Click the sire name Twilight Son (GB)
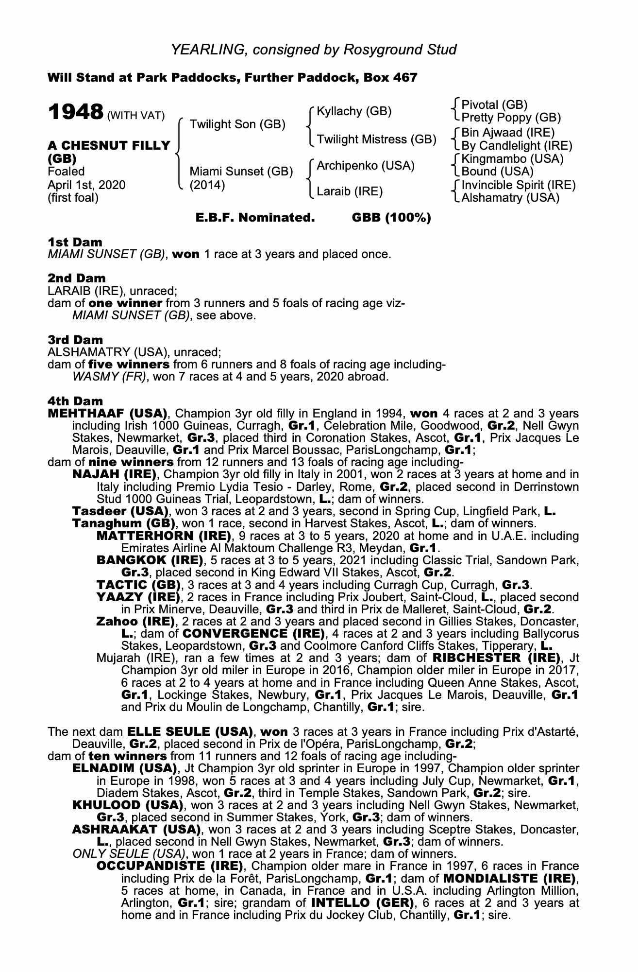pyautogui.click(x=237, y=124)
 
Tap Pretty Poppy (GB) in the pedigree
pyautogui.click(x=511, y=118)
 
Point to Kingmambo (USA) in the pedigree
pyautogui.click(x=512, y=159)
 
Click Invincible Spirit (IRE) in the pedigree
pyautogui.click(x=519, y=185)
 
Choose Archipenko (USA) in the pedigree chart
pyautogui.click(x=366, y=166)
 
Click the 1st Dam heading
pyautogui.click(x=75, y=242)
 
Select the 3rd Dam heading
pyautogui.click(x=75, y=340)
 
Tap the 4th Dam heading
pyautogui.click(x=75, y=401)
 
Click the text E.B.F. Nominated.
pyautogui.click(x=255, y=218)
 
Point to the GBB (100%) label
pyautogui.click(x=391, y=218)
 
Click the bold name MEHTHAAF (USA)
pyautogui.click(x=107, y=414)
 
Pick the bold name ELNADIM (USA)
pyautogui.click(x=124, y=768)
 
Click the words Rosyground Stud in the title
pyautogui.click(x=400, y=50)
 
